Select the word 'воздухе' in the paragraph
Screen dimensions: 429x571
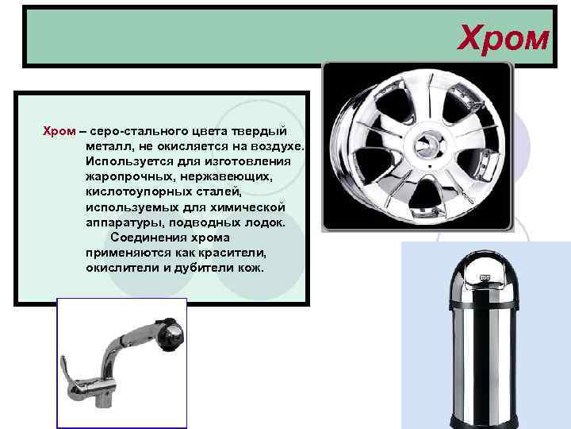(278, 146)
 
